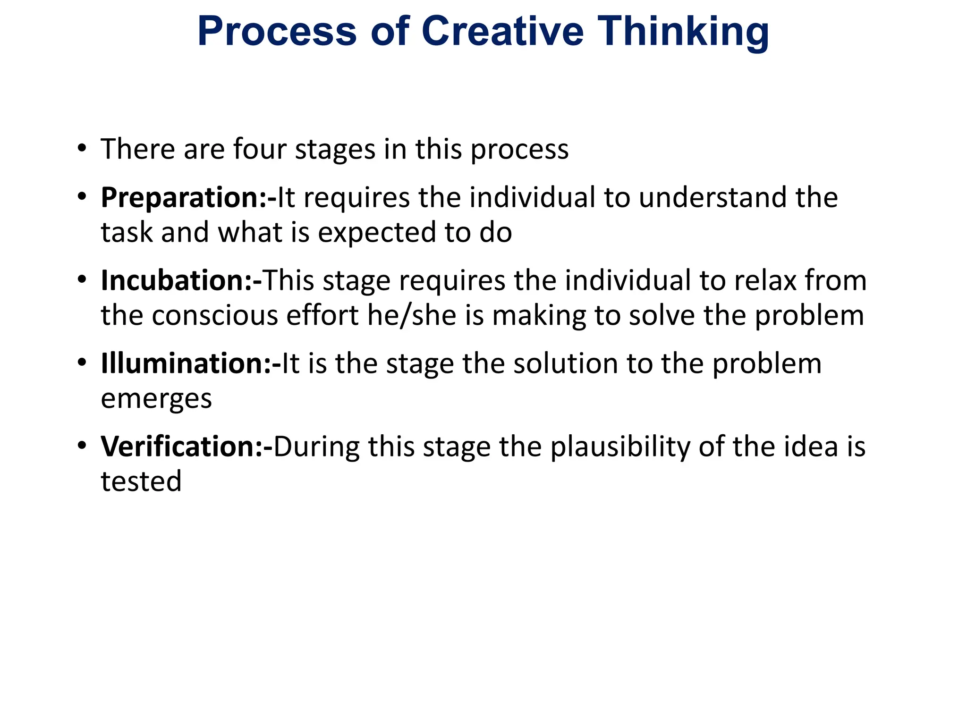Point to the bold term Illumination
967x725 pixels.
click(186, 363)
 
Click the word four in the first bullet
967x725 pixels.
click(260, 149)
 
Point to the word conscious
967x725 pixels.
click(215, 316)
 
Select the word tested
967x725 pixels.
click(141, 481)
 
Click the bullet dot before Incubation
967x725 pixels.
click(82, 279)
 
